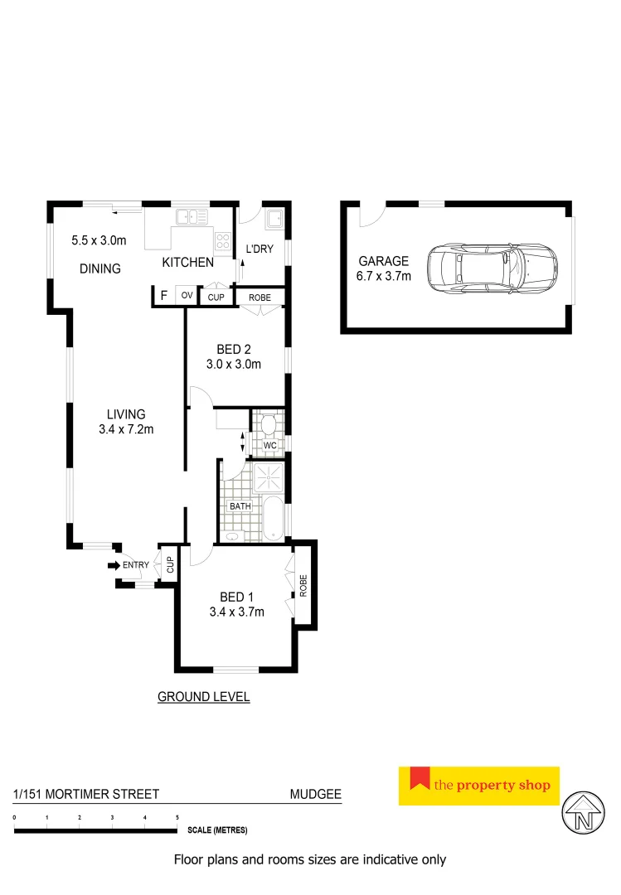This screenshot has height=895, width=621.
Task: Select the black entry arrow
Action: [x=114, y=565]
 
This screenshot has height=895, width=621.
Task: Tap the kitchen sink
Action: [x=191, y=218]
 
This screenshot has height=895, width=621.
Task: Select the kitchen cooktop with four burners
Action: [x=223, y=240]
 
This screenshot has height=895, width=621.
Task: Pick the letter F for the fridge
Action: [x=164, y=296]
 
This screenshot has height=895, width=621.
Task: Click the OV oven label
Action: [x=187, y=296]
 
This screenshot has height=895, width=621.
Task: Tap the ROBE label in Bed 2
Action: [x=261, y=297]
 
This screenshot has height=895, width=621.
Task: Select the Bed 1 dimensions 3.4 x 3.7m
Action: [x=236, y=612]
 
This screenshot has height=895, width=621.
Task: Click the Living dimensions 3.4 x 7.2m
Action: [x=126, y=429]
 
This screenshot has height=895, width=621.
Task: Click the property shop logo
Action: [x=479, y=786]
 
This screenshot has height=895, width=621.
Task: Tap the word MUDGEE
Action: [x=315, y=794]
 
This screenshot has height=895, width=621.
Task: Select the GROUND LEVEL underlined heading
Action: [x=203, y=697]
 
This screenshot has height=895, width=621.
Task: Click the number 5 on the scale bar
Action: [x=177, y=818]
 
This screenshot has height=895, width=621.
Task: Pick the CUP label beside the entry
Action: [x=170, y=565]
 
